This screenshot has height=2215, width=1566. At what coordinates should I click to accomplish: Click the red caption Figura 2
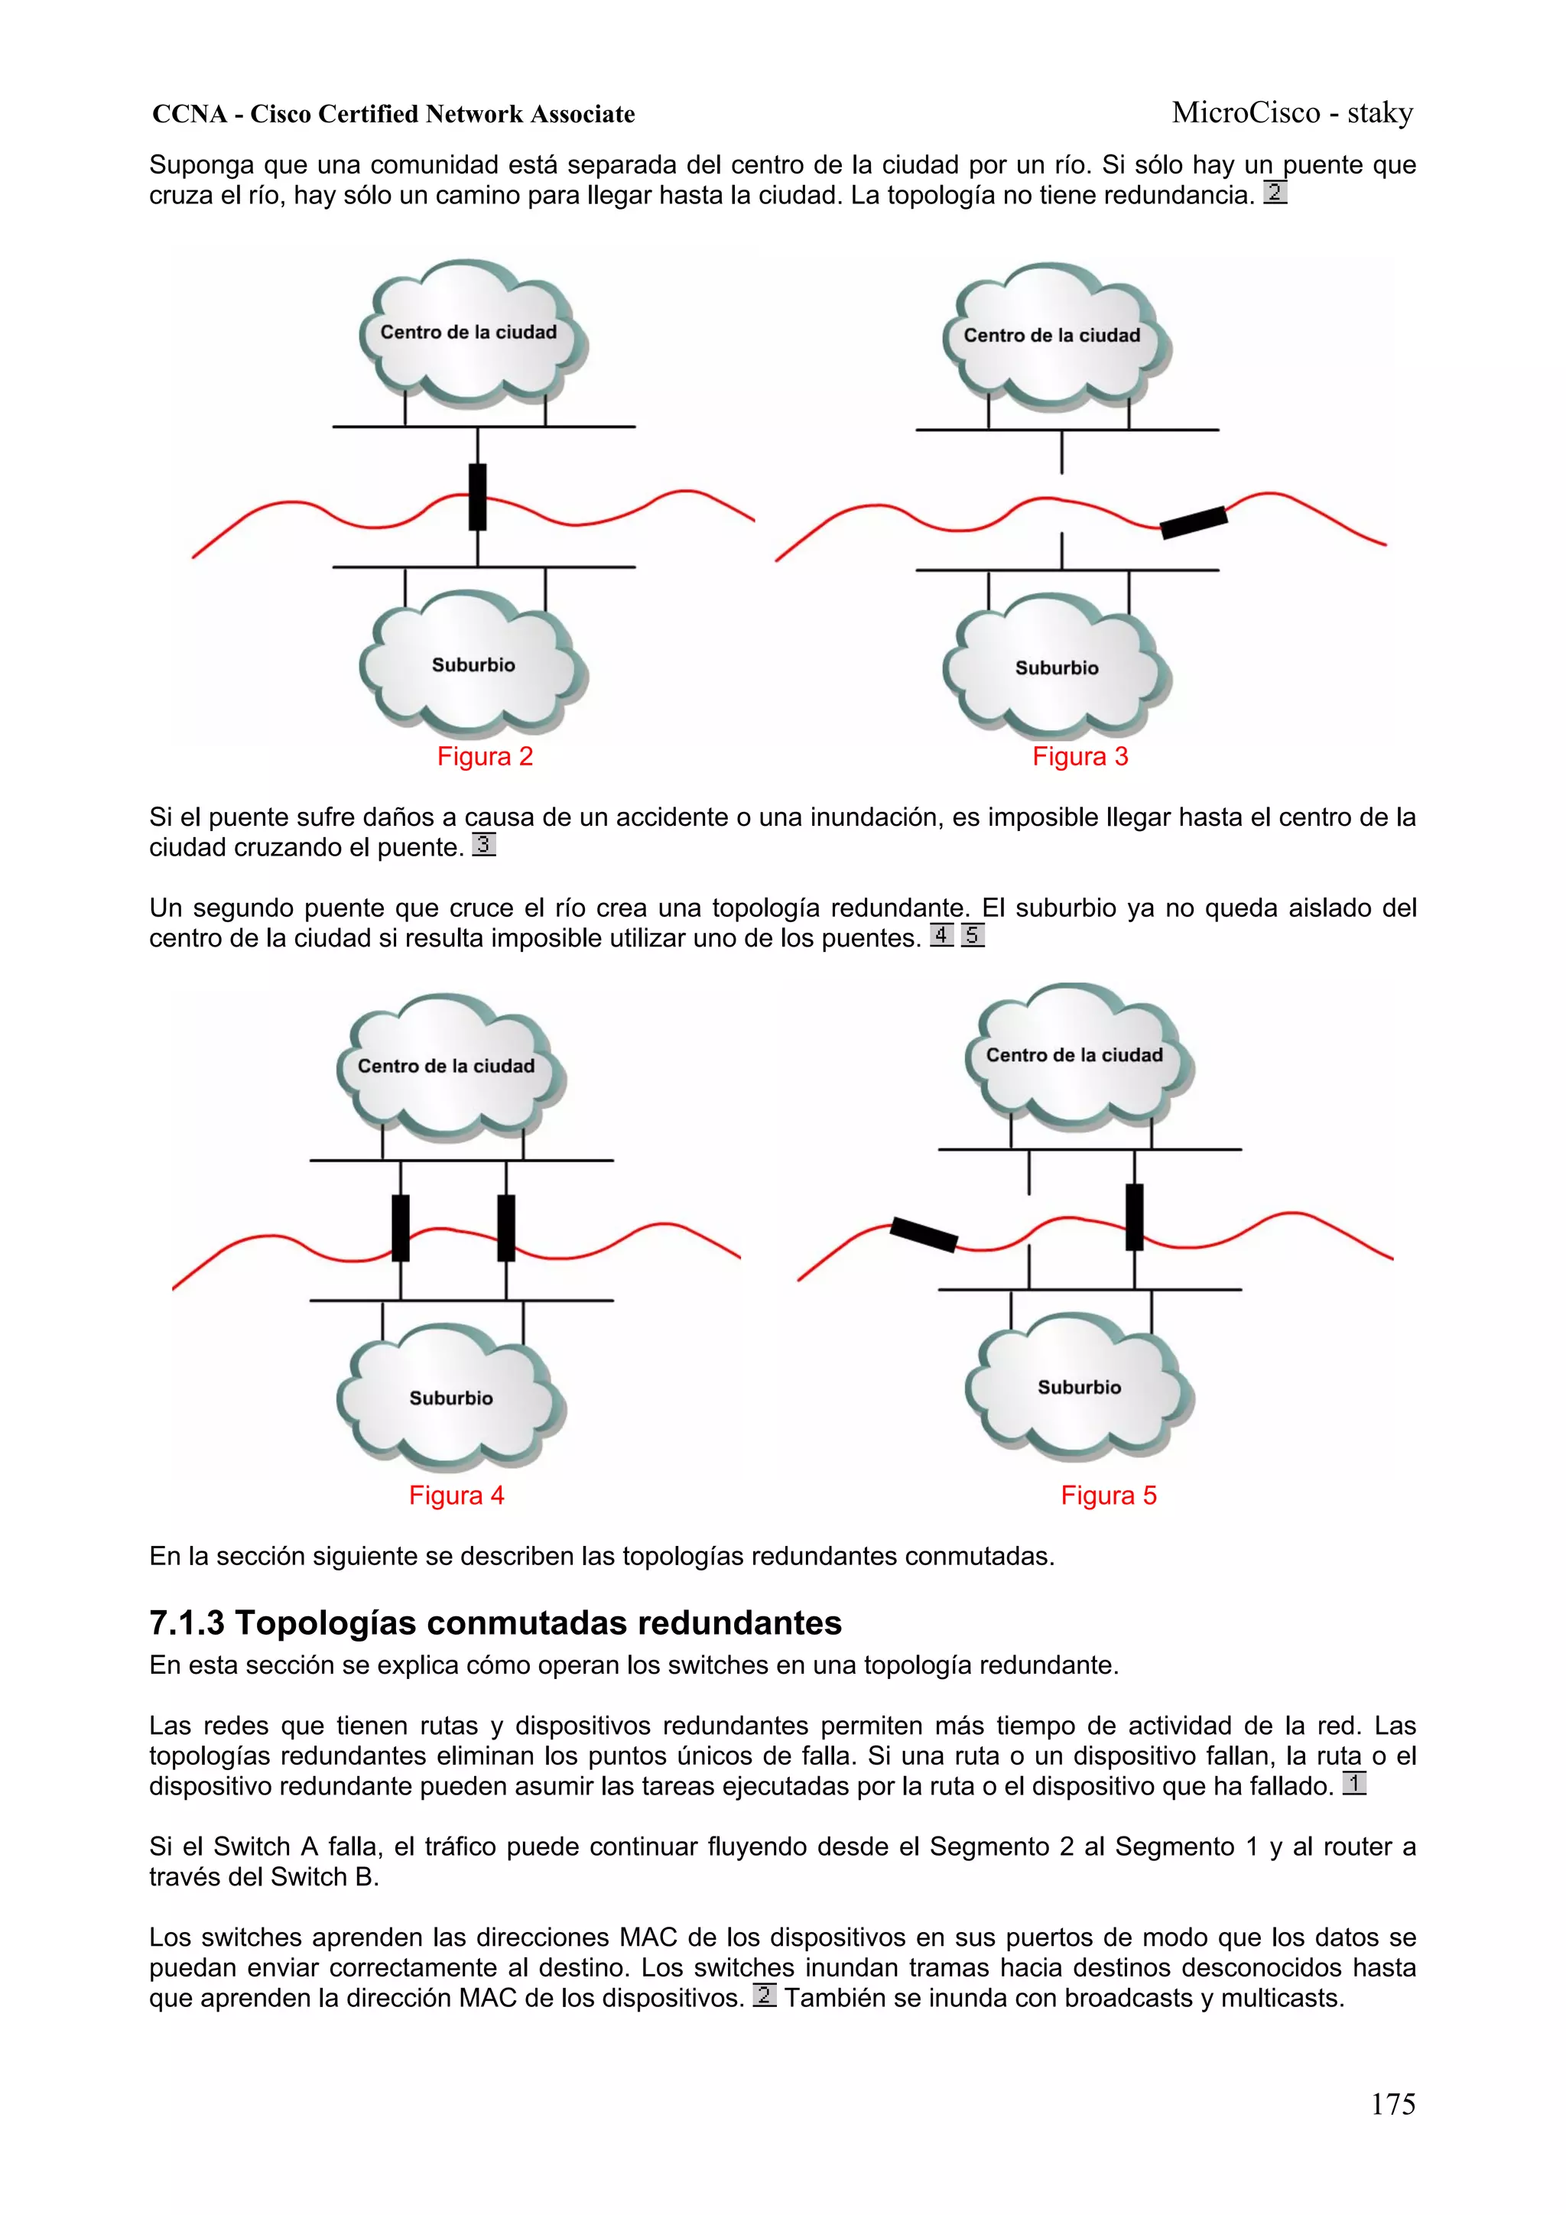pyautogui.click(x=484, y=756)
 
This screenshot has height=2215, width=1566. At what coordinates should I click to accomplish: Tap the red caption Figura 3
pyautogui.click(x=1080, y=756)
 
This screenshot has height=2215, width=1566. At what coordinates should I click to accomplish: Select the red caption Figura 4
pyautogui.click(x=456, y=1496)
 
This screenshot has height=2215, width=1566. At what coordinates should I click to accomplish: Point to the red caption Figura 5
pyautogui.click(x=1109, y=1496)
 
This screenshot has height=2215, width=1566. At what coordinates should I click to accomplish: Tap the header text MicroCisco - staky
pyautogui.click(x=1292, y=113)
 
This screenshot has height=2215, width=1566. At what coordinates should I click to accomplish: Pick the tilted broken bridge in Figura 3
pyautogui.click(x=1194, y=522)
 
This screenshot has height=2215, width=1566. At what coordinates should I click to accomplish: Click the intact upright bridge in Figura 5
pyautogui.click(x=1135, y=1216)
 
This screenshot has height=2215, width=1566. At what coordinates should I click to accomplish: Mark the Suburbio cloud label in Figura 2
pyautogui.click(x=473, y=664)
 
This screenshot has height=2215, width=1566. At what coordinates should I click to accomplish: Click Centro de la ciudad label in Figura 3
pyautogui.click(x=1051, y=336)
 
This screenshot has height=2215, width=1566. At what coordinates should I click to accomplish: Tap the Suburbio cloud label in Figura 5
pyautogui.click(x=1079, y=1387)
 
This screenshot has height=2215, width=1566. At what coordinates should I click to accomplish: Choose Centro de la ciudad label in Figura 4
pyautogui.click(x=446, y=1066)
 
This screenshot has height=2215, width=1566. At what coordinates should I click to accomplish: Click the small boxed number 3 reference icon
pyautogui.click(x=483, y=845)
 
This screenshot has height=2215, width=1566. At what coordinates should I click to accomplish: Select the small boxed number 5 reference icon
pyautogui.click(x=973, y=935)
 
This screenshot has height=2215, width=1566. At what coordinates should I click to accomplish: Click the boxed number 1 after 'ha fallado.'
pyautogui.click(x=1353, y=1784)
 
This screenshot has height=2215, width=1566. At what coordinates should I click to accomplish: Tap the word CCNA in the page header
pyautogui.click(x=189, y=115)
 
